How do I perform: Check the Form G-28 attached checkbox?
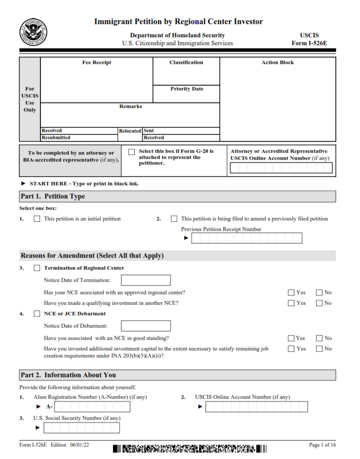tap(131, 152)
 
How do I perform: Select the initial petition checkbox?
tap(37, 219)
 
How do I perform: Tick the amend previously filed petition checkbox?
tap(174, 219)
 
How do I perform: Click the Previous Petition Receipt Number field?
tap(247, 238)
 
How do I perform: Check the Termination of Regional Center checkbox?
tap(37, 268)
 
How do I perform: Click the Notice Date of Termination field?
tap(146, 281)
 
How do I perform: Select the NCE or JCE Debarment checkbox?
tap(37, 314)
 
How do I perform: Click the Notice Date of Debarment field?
tap(146, 326)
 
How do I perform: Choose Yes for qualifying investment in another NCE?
tap(291, 303)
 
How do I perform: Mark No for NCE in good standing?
tap(319, 338)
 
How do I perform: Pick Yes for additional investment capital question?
tap(291, 349)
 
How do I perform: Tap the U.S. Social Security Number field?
tap(82, 428)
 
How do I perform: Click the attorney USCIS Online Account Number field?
tap(281, 168)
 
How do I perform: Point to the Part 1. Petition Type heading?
tap(53, 196)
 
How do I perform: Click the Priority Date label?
tap(187, 89)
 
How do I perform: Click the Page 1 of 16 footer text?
tap(322, 445)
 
